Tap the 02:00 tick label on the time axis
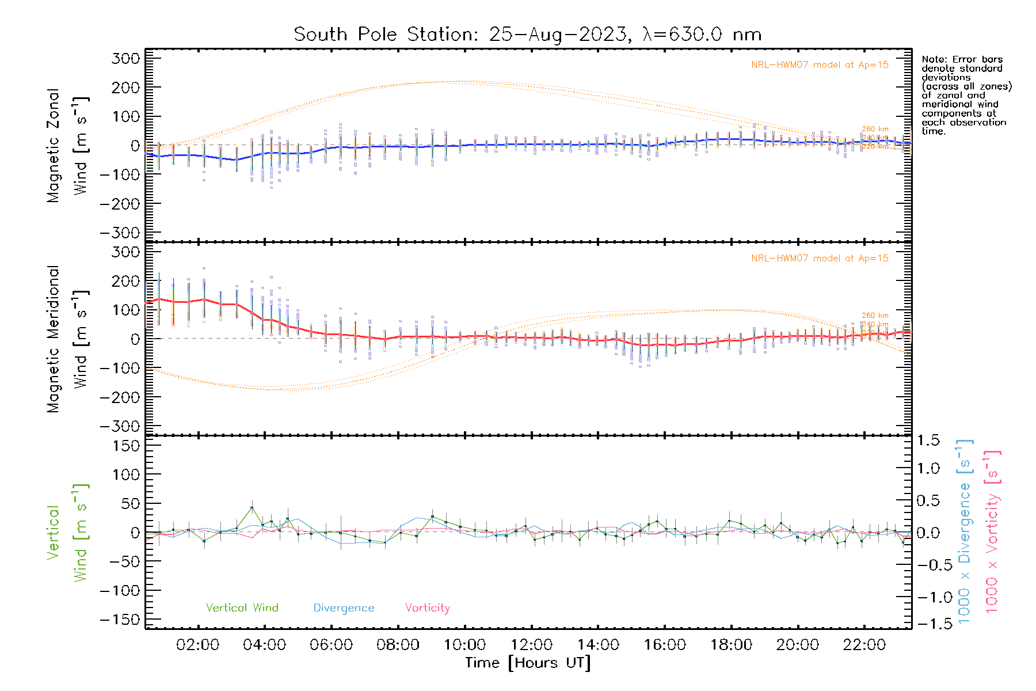coord(197,645)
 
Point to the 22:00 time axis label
coord(864,645)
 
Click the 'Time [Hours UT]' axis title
coord(527,663)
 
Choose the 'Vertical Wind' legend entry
coord(242,608)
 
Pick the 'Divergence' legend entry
coord(344,608)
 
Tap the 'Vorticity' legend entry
coord(427,608)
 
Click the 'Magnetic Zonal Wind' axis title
coord(68,145)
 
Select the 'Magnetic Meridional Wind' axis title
coord(68,339)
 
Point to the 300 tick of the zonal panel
coord(126,58)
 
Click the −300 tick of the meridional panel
coord(120,426)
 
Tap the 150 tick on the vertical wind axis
coord(126,446)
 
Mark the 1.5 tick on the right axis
coord(928,441)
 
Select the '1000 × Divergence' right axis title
coord(965,532)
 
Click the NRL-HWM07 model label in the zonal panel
coord(820,65)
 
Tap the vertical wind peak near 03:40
coord(252,508)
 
